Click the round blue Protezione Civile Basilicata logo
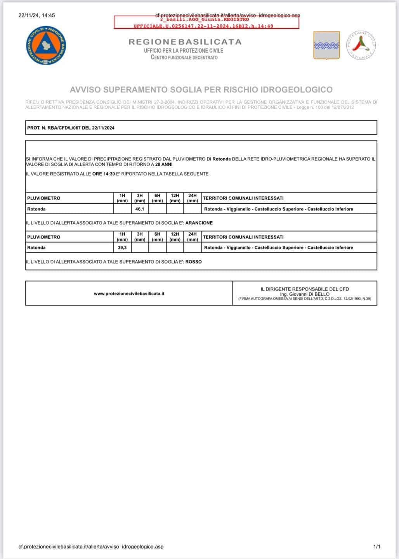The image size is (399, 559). [x=46, y=46]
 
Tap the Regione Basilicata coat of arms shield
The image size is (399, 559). [x=326, y=45]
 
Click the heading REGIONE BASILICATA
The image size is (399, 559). [x=185, y=42]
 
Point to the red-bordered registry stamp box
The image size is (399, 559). [x=206, y=22]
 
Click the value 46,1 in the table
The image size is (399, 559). [x=140, y=209]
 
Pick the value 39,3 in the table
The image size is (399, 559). [x=122, y=247]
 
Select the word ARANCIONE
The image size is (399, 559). [x=199, y=223]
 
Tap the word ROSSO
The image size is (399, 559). [x=194, y=262]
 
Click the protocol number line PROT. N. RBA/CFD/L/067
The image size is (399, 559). [x=71, y=128]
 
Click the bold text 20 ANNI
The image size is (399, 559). [x=164, y=164]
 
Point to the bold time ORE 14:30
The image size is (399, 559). [x=104, y=174]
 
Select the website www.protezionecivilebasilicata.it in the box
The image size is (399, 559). [x=129, y=293]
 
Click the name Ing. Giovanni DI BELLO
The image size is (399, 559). [x=305, y=294]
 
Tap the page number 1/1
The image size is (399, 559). [x=376, y=547]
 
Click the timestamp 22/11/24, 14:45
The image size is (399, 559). [x=37, y=16]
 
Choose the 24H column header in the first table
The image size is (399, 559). [x=193, y=198]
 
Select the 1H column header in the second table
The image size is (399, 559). [x=122, y=236]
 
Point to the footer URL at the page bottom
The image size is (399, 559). [x=91, y=547]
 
